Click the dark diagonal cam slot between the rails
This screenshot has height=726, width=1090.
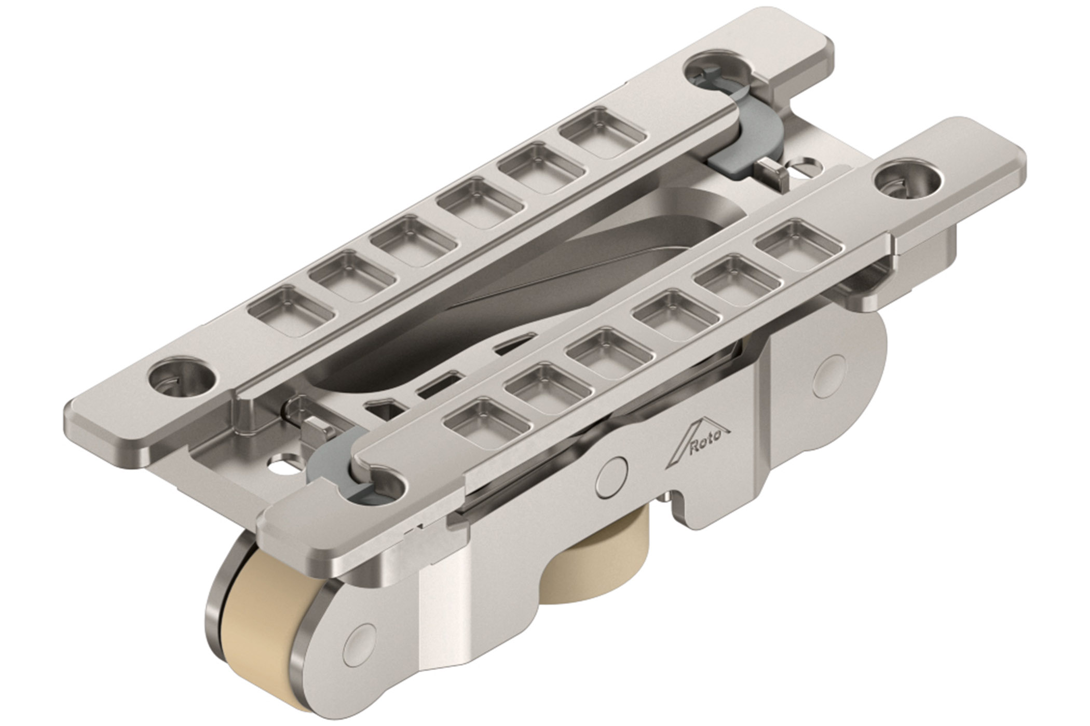[x=519, y=280]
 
